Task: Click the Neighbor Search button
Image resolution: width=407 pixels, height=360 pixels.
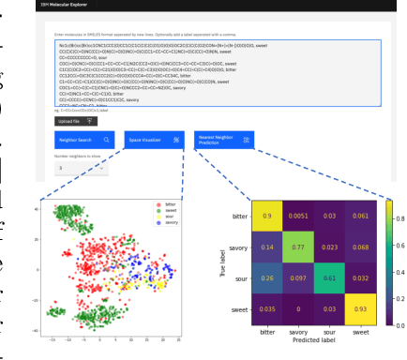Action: point(83,140)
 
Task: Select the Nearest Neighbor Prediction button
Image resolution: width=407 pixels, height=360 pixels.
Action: point(222,140)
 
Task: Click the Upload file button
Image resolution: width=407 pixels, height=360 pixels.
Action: point(74,121)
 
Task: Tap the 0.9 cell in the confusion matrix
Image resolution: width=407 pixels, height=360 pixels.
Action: point(266,216)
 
